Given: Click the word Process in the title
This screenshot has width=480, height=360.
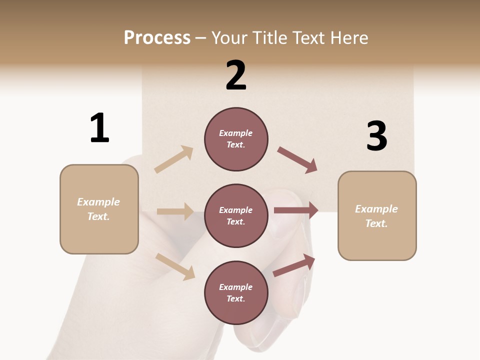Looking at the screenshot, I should coord(157,38).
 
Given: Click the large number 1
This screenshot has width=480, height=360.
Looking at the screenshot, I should coord(99,128).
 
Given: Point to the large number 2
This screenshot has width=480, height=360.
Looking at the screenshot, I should coord(236,75).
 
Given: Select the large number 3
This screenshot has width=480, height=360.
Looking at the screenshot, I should coord(376,136).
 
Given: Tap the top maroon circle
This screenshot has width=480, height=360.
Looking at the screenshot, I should coord(236,139).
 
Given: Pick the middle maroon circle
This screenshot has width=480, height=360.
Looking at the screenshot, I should coord(236,215).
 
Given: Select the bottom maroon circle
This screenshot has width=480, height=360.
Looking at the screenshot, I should coord(236,292).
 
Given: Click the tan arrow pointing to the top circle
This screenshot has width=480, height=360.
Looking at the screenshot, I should coord(174,159).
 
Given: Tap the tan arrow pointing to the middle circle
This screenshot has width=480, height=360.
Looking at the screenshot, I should coord(175,211).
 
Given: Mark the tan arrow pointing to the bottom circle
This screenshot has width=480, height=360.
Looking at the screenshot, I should coord(175,266).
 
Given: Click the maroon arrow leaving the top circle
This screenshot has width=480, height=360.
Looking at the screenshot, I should coord(297,159).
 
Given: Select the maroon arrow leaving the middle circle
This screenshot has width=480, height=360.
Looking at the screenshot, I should coord(296,210).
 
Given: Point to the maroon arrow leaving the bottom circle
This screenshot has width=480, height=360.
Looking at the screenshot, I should coord(294,265).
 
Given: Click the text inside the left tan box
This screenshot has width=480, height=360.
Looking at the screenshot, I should coord(98,209).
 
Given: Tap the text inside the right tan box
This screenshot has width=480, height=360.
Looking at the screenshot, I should coord(376,216).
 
